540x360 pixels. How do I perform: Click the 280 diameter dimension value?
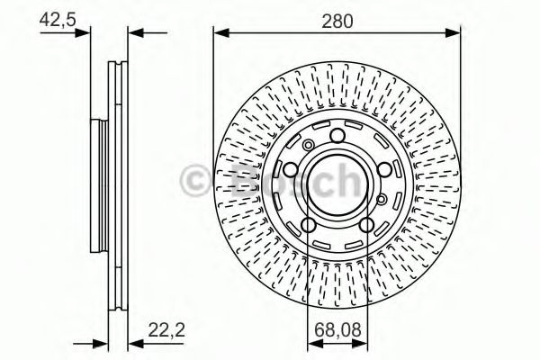[x=337, y=21]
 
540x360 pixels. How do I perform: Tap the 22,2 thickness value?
[x=166, y=330]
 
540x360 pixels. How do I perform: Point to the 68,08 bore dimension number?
[x=337, y=329]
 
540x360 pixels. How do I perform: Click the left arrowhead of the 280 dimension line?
[x=221, y=33]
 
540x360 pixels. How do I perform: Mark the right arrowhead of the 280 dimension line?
[x=453, y=33]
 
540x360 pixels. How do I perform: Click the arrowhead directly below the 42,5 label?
[x=82, y=33]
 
